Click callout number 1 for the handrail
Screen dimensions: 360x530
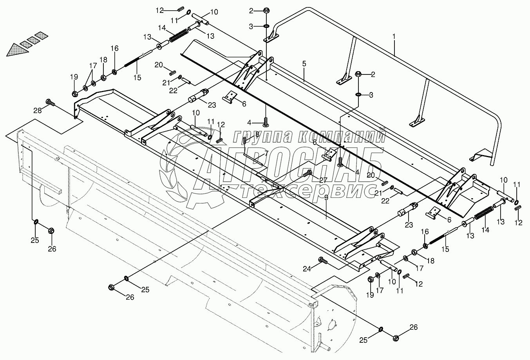pyautogui.click(x=394, y=36)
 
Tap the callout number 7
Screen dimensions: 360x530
pyautogui.click(x=266, y=153)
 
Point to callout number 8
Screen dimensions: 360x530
pyautogui.click(x=257, y=134)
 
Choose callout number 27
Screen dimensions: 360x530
pyautogui.click(x=323, y=180)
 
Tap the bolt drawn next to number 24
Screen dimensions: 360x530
pyautogui.click(x=323, y=260)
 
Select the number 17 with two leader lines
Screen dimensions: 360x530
pyautogui.click(x=92, y=65)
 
